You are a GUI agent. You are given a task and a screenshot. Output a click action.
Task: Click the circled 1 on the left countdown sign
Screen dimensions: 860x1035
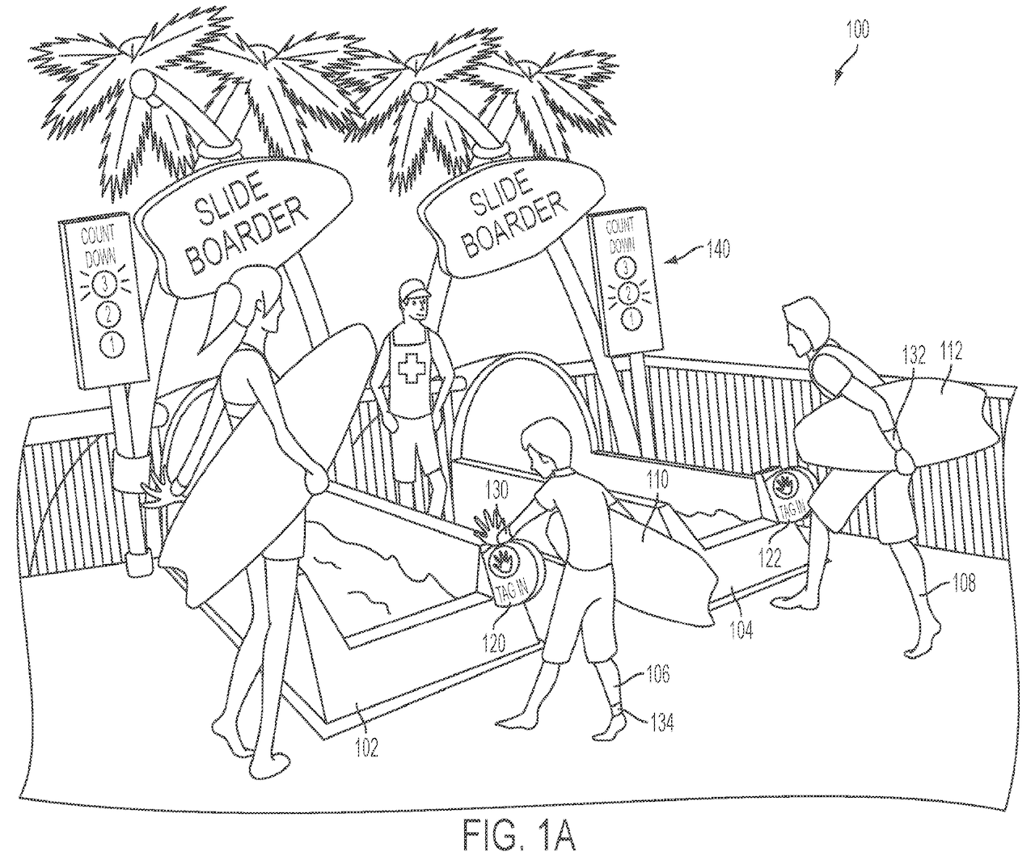(111, 344)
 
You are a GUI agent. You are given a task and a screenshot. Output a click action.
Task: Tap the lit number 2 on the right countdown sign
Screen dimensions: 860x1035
(626, 293)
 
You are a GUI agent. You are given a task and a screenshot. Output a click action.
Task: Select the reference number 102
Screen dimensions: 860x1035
(366, 748)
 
